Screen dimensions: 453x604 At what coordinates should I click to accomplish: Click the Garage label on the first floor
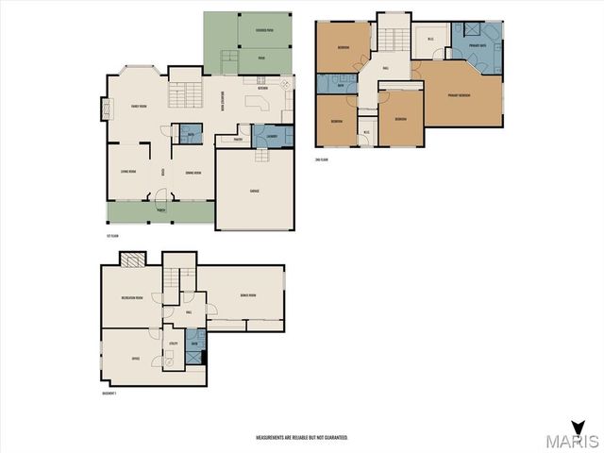[x=255, y=191]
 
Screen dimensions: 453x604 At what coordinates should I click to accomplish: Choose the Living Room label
[x=127, y=171]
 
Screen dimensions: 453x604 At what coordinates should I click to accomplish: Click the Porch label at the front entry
[x=160, y=210]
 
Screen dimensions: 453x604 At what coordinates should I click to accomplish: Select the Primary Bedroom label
[x=460, y=94]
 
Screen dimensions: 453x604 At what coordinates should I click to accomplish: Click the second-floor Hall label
[x=385, y=68]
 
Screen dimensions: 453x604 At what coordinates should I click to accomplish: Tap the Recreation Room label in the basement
[x=132, y=298]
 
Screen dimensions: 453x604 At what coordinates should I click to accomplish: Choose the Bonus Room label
[x=247, y=294]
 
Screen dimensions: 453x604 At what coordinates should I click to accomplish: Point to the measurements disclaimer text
[x=302, y=438]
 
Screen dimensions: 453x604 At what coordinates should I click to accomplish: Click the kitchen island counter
[x=258, y=102]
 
